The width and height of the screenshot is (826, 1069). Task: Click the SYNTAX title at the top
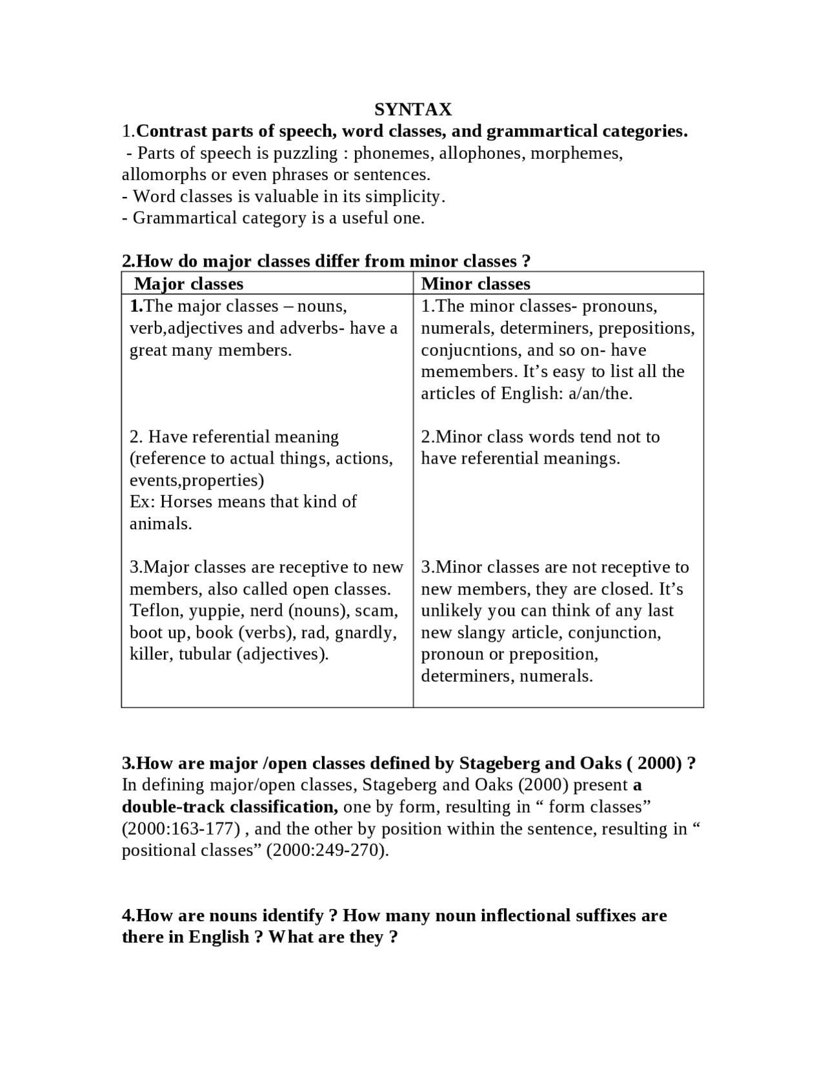413,108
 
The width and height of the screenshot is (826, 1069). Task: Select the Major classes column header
188,284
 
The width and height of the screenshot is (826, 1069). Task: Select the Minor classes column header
476,284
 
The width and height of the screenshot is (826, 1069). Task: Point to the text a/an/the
600,393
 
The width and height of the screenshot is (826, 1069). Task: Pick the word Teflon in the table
156,611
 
